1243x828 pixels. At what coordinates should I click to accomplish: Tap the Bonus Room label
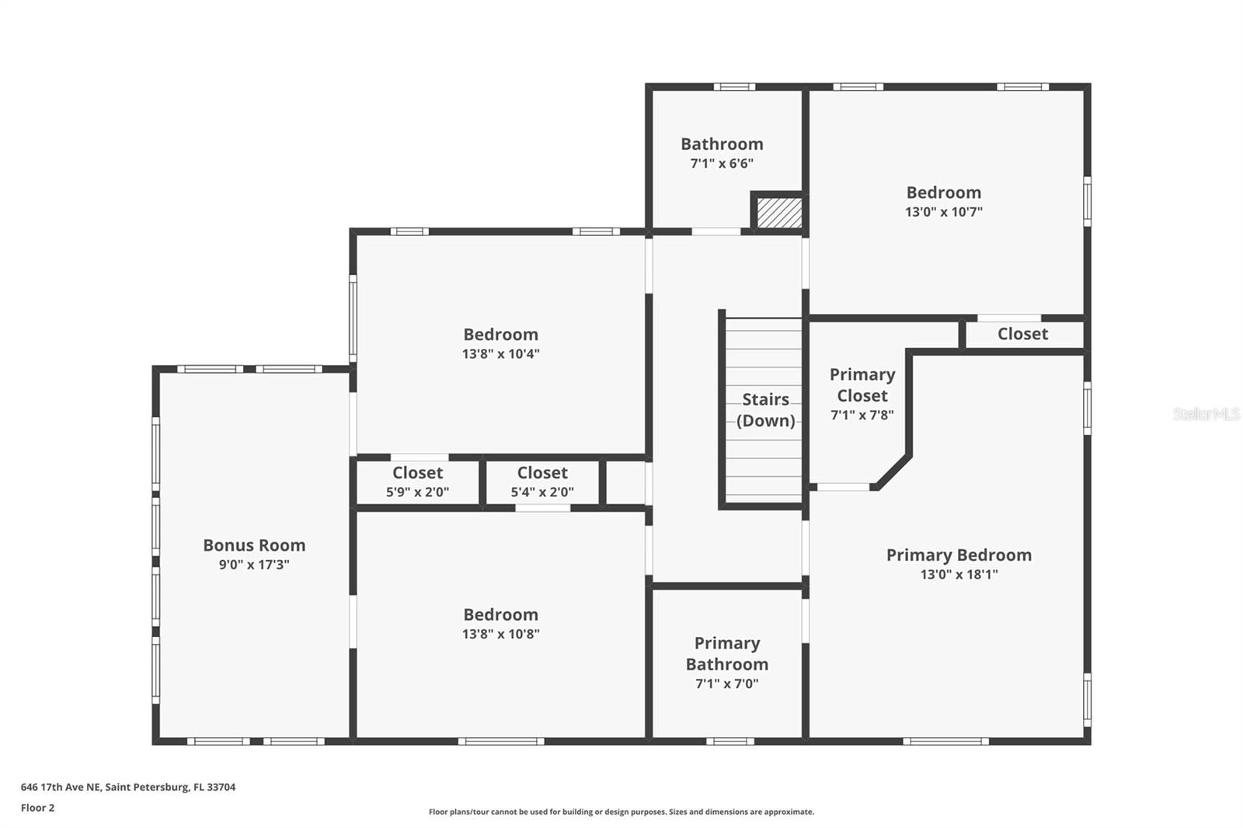click(x=254, y=545)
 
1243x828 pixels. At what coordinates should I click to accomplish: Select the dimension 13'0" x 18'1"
click(x=959, y=575)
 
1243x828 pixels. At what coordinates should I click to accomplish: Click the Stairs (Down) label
click(x=765, y=410)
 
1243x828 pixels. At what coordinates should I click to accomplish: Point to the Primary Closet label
click(x=862, y=385)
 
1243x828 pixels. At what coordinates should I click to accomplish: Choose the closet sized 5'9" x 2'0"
click(x=417, y=473)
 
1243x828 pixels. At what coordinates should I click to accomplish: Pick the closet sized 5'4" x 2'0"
click(x=542, y=473)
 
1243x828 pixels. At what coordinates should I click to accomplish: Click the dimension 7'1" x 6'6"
click(x=722, y=164)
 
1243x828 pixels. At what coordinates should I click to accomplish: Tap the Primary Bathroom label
click(x=727, y=654)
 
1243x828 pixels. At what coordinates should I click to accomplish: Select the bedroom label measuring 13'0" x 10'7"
click(x=943, y=193)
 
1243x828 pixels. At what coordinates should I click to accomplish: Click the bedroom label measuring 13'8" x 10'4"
click(x=500, y=335)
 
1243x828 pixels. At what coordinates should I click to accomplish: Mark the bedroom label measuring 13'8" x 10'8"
click(x=500, y=615)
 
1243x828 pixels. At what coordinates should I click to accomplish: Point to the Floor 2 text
click(x=37, y=808)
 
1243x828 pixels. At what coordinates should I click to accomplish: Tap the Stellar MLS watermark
click(x=1206, y=414)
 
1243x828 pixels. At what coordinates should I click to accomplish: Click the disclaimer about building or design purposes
click(x=621, y=812)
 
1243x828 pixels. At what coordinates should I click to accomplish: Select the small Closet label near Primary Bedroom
click(x=1022, y=334)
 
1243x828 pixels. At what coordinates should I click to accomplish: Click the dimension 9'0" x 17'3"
click(x=254, y=565)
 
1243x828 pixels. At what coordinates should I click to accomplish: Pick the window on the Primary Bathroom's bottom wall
click(x=729, y=741)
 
